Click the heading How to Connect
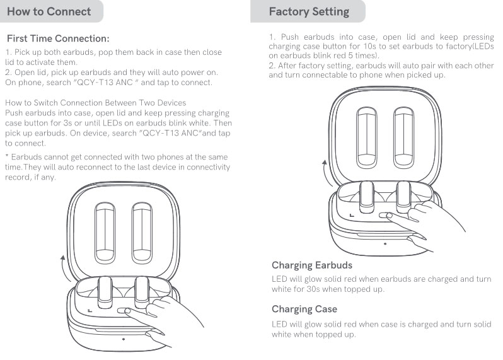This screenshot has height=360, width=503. point(49,11)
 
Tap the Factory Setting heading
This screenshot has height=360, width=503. point(309,11)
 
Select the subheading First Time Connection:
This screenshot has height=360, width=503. point(58,39)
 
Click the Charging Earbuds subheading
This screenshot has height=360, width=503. point(312,265)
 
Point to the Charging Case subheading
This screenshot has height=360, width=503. point(304,309)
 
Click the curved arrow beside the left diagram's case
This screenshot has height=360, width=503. point(62,268)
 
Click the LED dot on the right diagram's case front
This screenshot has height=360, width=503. point(384,243)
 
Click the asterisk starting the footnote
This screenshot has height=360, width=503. point(6,156)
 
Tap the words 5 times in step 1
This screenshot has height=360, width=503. point(360,55)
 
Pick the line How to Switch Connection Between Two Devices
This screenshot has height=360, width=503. point(95,103)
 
